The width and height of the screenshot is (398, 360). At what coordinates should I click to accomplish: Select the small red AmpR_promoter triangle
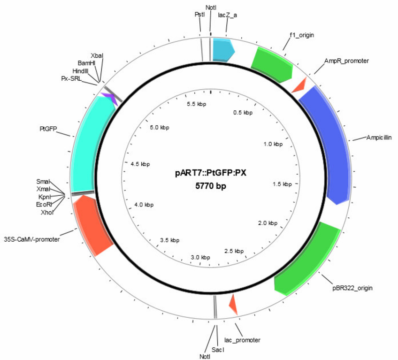(x=299, y=85)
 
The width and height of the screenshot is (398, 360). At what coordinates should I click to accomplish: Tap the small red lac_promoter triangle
(x=234, y=305)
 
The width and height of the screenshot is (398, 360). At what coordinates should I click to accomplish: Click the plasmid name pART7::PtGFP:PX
(x=211, y=173)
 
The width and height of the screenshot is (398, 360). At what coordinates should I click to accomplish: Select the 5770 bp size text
(x=211, y=186)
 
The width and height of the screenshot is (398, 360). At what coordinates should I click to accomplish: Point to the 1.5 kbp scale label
(x=282, y=184)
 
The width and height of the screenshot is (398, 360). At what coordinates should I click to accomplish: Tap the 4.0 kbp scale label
(x=144, y=205)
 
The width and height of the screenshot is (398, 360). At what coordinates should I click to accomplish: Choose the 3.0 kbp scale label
(x=200, y=257)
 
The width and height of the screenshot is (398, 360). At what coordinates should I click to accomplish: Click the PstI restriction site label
(x=199, y=15)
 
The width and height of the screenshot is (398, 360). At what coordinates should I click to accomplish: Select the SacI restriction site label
(x=218, y=350)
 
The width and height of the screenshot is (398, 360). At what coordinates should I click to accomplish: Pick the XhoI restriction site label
(x=47, y=213)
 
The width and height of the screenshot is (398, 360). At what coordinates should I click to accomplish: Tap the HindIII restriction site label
(x=80, y=71)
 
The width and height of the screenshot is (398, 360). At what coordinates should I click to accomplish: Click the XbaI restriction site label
(x=97, y=55)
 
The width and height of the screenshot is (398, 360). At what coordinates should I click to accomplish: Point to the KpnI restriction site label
(x=45, y=197)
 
